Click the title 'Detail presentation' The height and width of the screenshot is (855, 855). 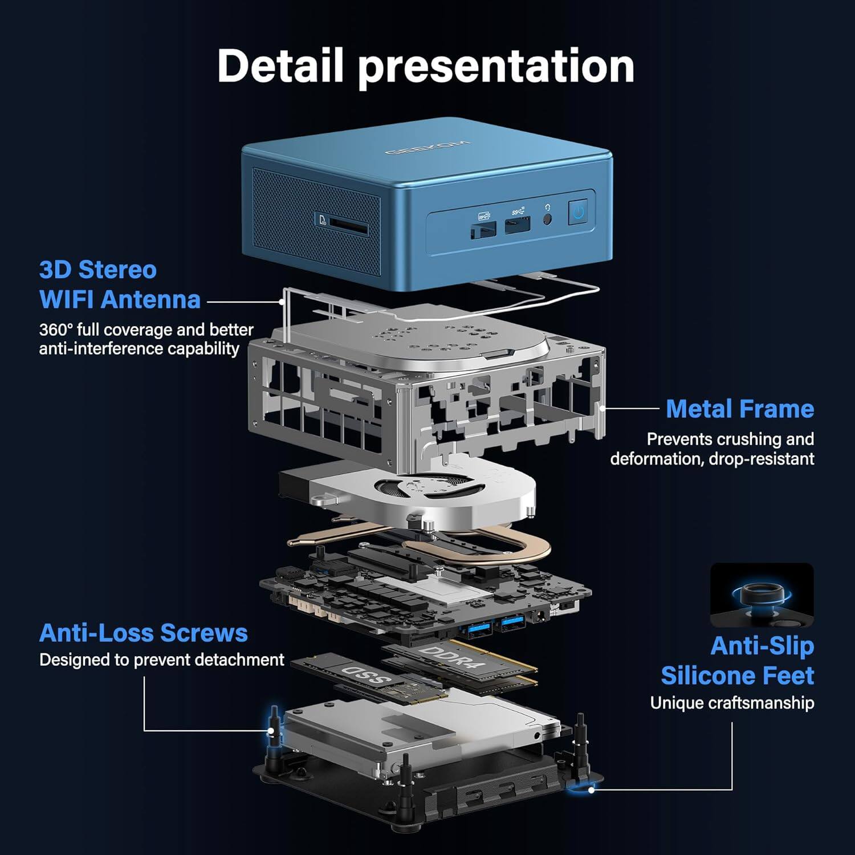(x=426, y=66)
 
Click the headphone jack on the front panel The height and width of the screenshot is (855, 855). (x=548, y=217)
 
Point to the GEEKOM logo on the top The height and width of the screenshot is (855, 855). (x=427, y=147)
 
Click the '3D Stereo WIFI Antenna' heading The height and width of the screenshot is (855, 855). (x=120, y=284)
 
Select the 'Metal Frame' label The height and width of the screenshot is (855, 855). (x=739, y=409)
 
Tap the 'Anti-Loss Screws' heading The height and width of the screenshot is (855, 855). (x=143, y=633)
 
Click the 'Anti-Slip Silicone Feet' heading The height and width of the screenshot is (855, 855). (x=737, y=661)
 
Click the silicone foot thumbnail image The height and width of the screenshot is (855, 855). (x=762, y=595)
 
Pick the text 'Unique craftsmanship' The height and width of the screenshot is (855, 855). (x=732, y=703)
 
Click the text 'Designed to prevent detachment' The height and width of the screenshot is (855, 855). (x=161, y=659)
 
